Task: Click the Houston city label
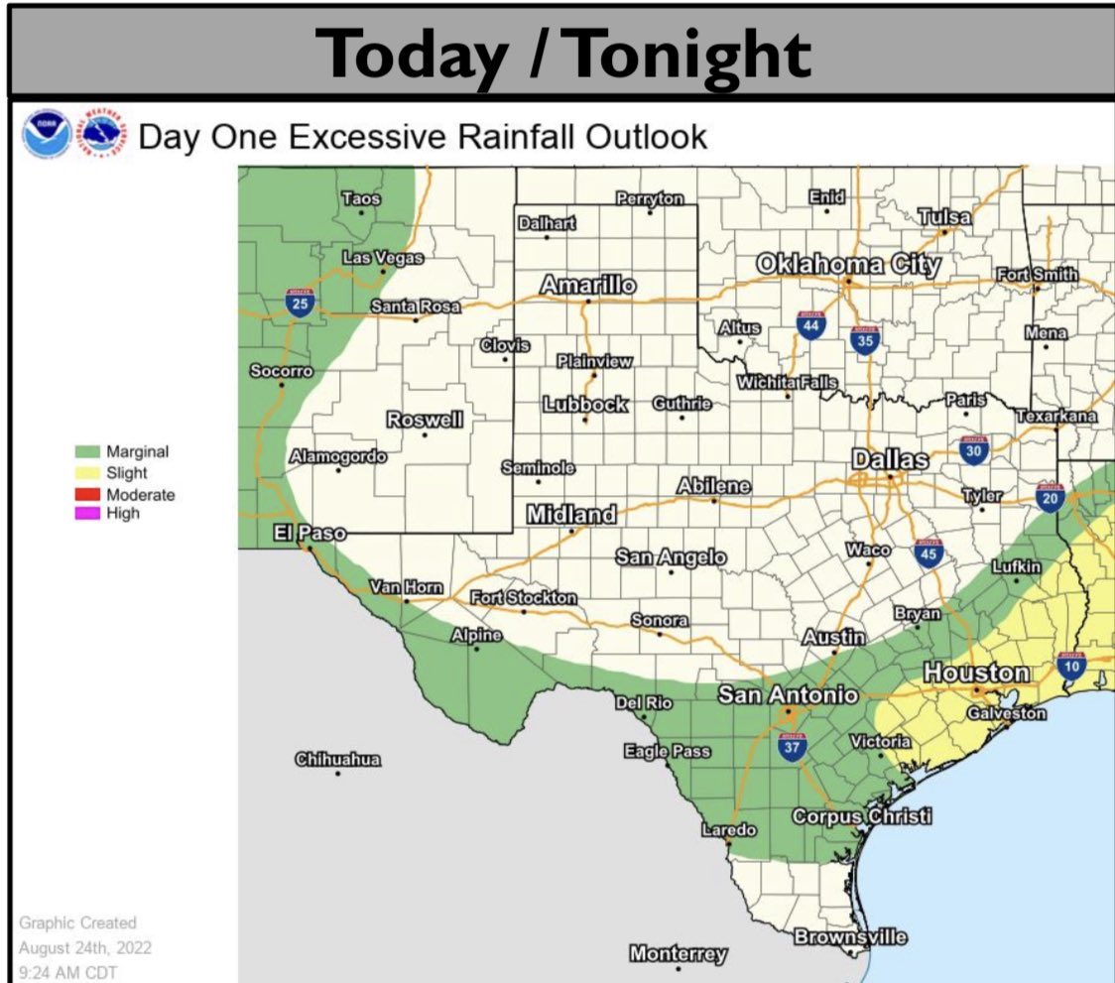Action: click(x=976, y=673)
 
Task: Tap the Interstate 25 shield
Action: click(x=300, y=303)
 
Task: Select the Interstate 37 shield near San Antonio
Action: click(x=791, y=747)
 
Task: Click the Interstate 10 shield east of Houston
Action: click(x=1071, y=665)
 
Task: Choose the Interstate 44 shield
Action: click(x=811, y=323)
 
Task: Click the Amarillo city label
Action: click(x=588, y=286)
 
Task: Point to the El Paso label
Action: click(x=310, y=534)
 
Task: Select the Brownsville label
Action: click(x=850, y=936)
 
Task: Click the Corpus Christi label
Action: click(x=861, y=816)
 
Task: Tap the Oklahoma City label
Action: click(x=848, y=264)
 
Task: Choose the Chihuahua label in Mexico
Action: click(x=337, y=760)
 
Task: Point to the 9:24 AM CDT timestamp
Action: click(x=67, y=971)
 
